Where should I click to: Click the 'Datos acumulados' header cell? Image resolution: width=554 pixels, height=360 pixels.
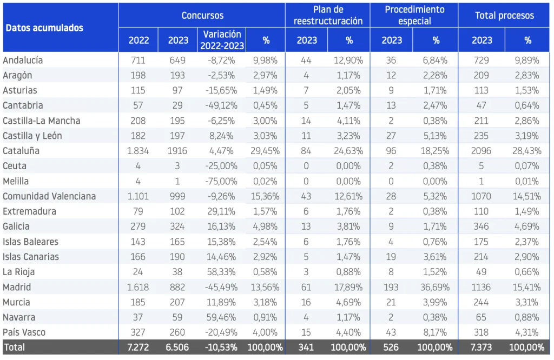[44, 28]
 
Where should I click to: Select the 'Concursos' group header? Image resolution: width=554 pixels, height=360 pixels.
[202, 16]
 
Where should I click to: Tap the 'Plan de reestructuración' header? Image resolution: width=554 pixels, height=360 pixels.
[328, 16]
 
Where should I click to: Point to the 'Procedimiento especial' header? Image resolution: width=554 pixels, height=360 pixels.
[414, 16]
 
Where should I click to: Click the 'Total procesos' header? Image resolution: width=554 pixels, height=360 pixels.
[504, 16]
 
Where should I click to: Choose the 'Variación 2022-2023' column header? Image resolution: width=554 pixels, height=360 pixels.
[222, 40]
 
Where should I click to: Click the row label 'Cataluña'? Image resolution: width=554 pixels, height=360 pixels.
[21, 151]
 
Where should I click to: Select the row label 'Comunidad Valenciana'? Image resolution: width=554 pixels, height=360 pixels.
[49, 196]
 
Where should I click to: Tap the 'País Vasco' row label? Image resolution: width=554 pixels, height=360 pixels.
[24, 332]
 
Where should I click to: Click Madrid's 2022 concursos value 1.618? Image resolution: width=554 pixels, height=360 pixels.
[138, 287]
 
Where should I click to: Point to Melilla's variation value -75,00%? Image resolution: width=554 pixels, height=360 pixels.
[221, 182]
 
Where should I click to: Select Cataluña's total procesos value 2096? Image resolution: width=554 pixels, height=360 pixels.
[481, 151]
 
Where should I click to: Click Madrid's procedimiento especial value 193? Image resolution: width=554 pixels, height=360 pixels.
[391, 287]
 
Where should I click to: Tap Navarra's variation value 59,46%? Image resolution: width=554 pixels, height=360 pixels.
[221, 317]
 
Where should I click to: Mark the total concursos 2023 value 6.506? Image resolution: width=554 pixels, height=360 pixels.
[177, 347]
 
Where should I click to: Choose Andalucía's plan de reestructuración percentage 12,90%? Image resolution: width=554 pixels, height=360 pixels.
[348, 61]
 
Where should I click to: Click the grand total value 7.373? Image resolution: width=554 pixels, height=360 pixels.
[481, 347]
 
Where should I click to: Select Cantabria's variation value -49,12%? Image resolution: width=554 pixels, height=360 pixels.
[221, 105]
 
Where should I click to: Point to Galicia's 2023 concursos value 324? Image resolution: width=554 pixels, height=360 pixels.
[177, 226]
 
